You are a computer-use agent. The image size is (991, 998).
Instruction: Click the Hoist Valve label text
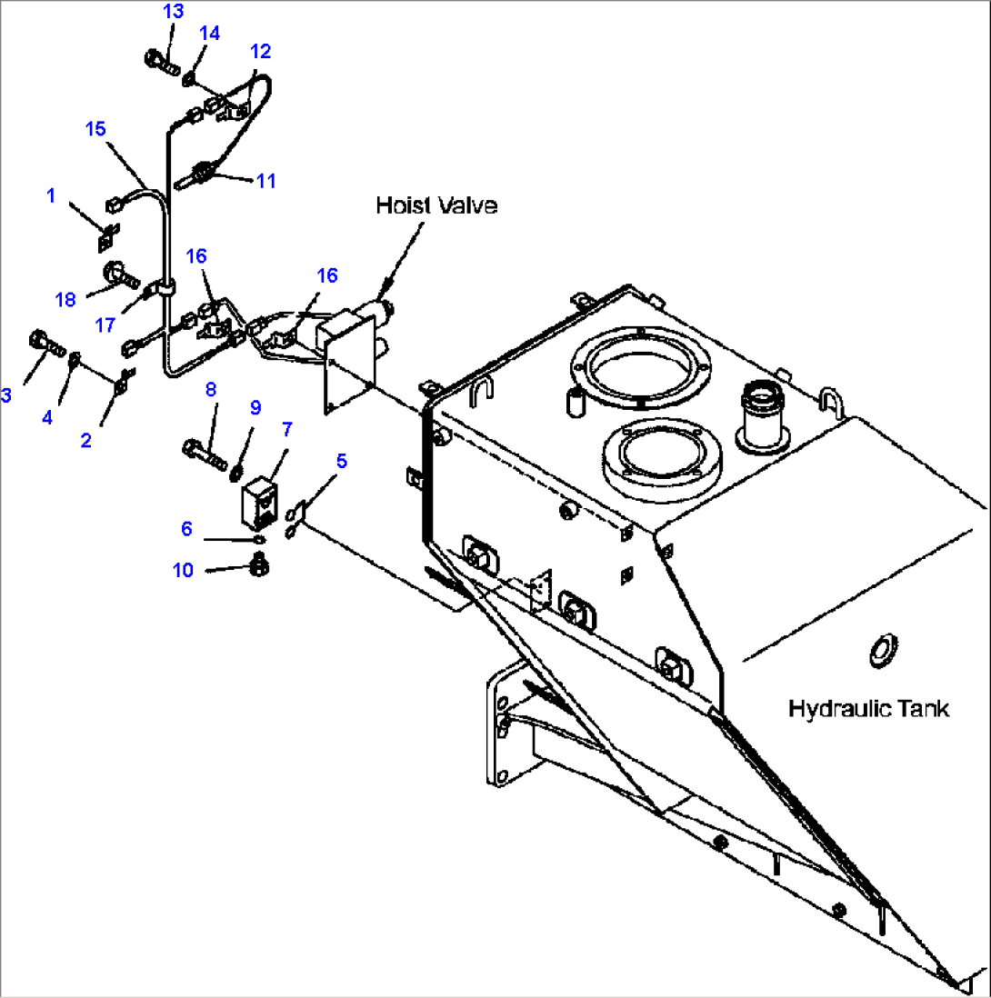click(x=436, y=206)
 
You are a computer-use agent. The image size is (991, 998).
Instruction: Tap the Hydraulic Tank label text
click(x=868, y=708)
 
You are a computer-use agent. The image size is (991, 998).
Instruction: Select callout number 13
click(x=173, y=12)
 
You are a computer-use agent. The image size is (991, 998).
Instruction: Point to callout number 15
click(x=96, y=128)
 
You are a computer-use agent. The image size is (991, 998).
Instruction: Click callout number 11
click(x=265, y=180)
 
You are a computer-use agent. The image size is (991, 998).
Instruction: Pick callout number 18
click(x=65, y=299)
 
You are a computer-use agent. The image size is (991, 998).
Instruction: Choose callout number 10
click(x=183, y=570)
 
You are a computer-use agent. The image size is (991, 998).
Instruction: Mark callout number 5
click(x=341, y=461)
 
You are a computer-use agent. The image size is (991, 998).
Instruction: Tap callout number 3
click(x=6, y=394)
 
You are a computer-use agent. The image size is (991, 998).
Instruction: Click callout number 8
click(x=211, y=390)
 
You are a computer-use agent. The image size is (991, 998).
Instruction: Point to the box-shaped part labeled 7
click(x=257, y=501)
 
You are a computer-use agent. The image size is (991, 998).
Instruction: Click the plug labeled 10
click(x=258, y=568)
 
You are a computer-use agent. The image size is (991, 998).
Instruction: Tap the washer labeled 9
click(x=235, y=470)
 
